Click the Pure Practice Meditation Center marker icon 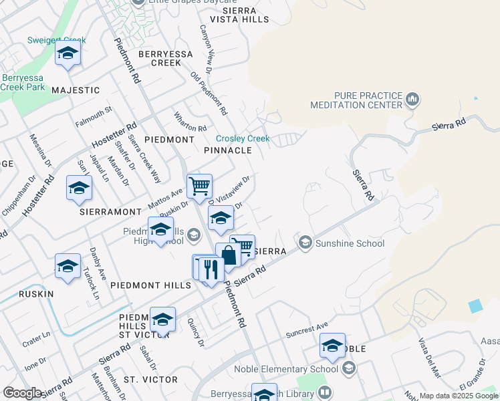pyautogui.click(x=412, y=100)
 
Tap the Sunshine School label pyautogui.click(x=350, y=243)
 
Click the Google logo pyautogui.click(x=22, y=393)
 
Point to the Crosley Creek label pyautogui.click(x=242, y=138)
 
